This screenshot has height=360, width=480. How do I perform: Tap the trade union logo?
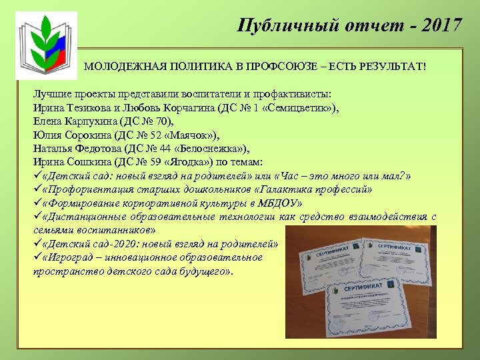(43, 44)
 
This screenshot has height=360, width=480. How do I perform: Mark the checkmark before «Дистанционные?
(37, 217)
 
